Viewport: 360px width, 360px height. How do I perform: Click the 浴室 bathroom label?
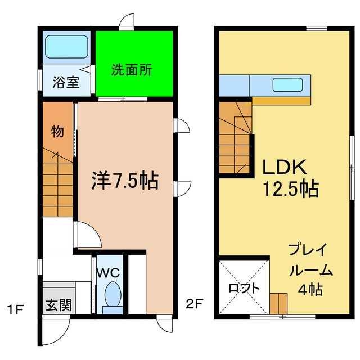click(66, 82)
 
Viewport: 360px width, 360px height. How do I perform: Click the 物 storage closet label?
click(57, 132)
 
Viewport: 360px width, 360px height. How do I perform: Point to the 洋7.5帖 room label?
click(125, 181)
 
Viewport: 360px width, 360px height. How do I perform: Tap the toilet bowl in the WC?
click(113, 295)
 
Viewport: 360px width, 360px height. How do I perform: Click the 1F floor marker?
click(16, 308)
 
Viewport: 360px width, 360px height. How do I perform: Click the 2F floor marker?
click(195, 305)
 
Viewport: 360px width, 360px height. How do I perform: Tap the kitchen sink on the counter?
click(288, 85)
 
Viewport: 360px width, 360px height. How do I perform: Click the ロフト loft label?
click(244, 287)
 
